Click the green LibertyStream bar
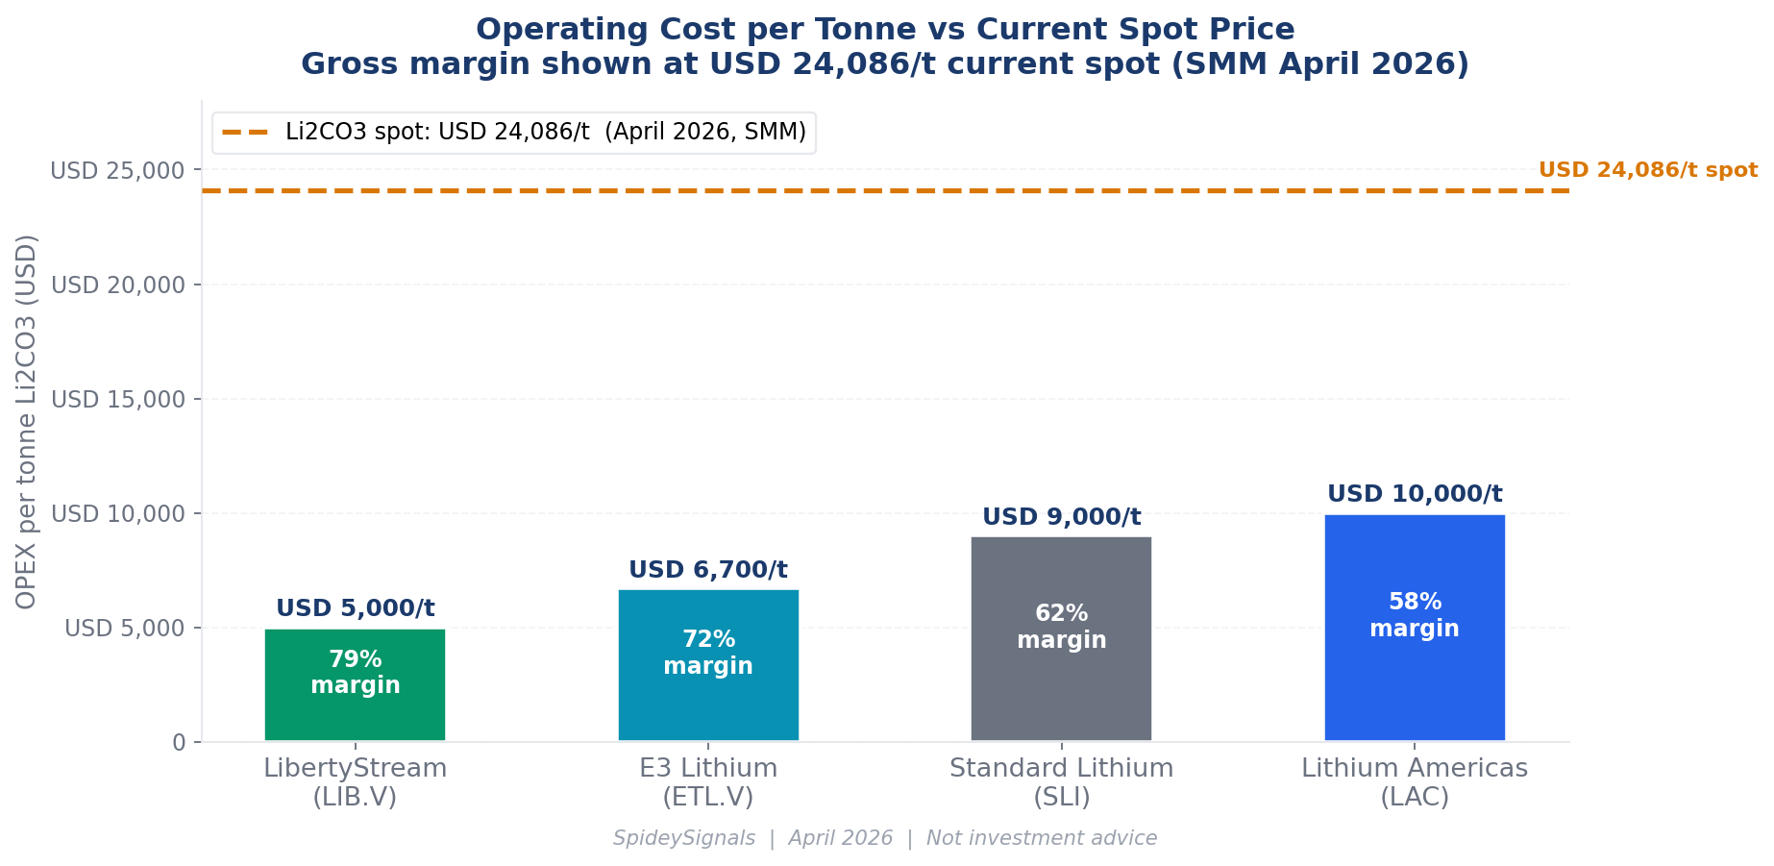[355, 684]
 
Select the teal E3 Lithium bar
[708, 665]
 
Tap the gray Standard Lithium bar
[1061, 638]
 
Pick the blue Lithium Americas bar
[1415, 628]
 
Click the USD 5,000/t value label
[356, 608]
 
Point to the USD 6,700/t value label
[708, 570]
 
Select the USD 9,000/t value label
[1062, 517]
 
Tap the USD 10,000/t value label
[1415, 494]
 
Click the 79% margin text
[356, 673]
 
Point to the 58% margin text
[1415, 615]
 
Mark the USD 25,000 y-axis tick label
[117, 171]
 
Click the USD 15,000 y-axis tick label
[117, 400]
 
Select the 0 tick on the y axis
[179, 743]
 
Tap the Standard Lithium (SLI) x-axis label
[1062, 782]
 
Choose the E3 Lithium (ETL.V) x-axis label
[708, 782]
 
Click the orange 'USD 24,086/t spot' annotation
[1648, 170]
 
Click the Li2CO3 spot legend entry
[514, 133]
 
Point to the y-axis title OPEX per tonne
[27, 421]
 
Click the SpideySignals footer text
[885, 838]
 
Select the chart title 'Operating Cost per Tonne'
[885, 30]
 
